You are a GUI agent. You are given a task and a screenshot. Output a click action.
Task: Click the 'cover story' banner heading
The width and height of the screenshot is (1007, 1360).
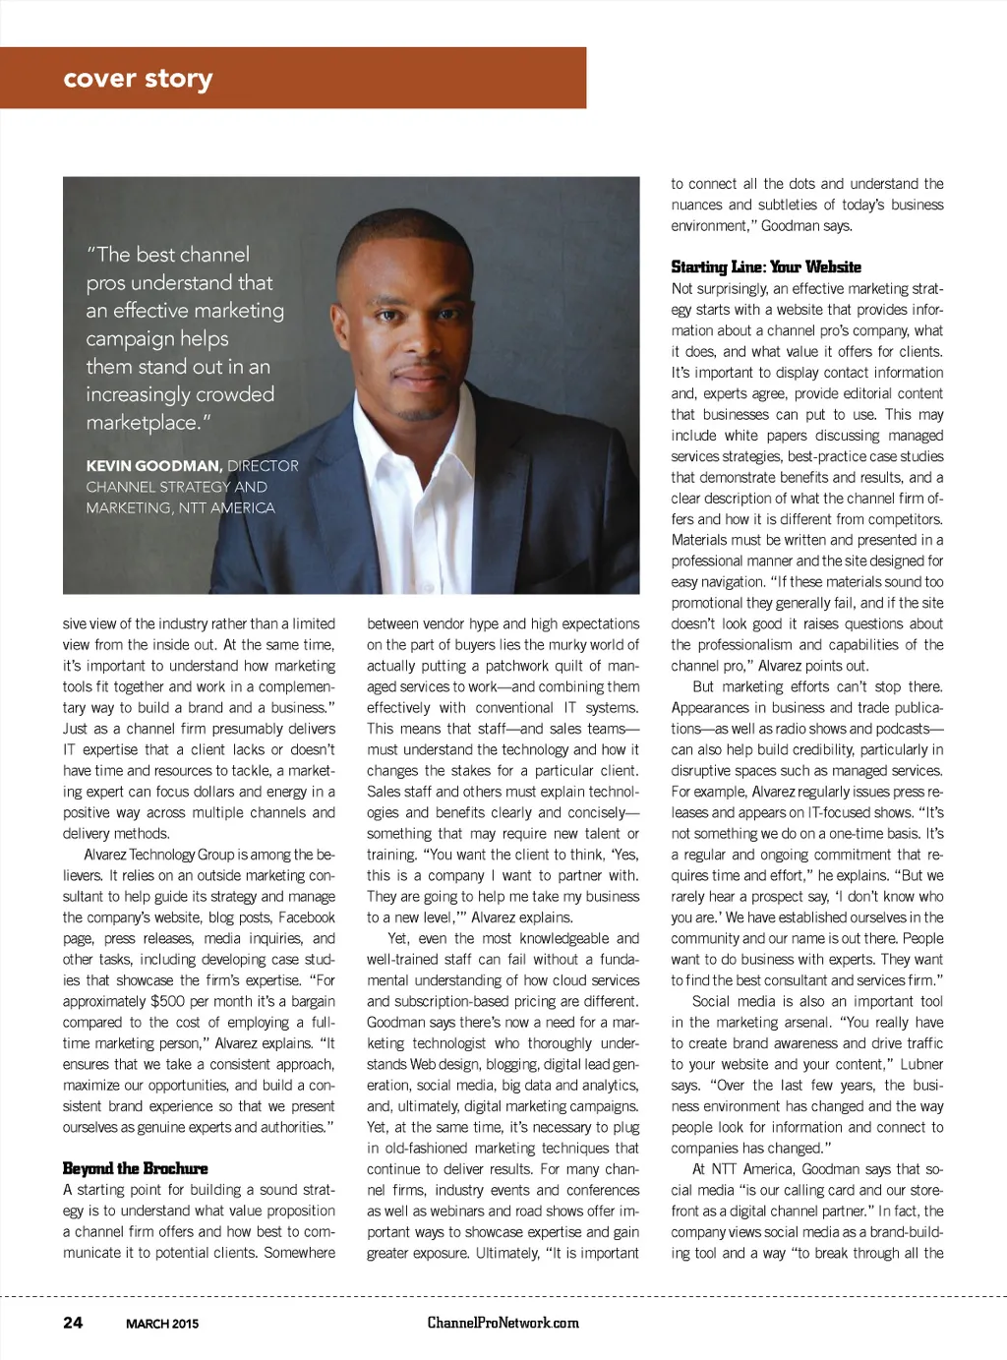pyautogui.click(x=138, y=79)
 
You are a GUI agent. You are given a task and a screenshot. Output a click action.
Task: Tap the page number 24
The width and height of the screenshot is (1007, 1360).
pyautogui.click(x=73, y=1323)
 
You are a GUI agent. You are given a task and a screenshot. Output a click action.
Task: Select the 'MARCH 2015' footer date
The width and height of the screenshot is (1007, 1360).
pyautogui.click(x=162, y=1324)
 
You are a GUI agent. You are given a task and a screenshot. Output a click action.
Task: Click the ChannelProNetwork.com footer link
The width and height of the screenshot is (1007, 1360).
pyautogui.click(x=503, y=1323)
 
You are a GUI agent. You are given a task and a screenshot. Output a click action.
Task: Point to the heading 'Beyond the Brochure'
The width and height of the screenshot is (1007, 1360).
pyautogui.click(x=135, y=1168)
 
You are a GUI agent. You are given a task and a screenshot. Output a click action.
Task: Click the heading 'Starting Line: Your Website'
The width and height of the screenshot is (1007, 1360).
pyautogui.click(x=765, y=266)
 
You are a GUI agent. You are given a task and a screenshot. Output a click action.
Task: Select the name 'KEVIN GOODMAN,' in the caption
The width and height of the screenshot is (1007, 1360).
pyautogui.click(x=154, y=466)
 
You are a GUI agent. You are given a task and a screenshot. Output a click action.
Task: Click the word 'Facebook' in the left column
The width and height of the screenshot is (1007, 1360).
pyautogui.click(x=307, y=917)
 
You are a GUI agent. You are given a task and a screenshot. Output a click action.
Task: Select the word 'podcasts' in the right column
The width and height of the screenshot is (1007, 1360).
pyautogui.click(x=899, y=729)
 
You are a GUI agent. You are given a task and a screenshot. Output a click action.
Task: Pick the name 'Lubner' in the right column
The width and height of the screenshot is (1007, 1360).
pyautogui.click(x=921, y=1064)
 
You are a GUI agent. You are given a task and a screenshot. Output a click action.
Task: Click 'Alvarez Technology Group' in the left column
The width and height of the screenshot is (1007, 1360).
pyautogui.click(x=159, y=855)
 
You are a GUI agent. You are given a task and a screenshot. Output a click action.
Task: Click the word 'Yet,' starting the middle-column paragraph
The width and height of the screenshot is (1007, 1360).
pyautogui.click(x=398, y=938)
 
